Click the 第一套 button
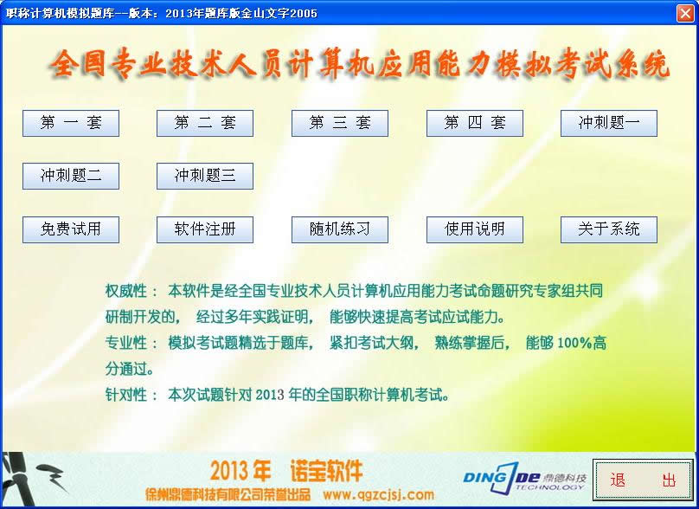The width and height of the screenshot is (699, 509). (x=71, y=123)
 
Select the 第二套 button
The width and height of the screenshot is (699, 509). (x=205, y=123)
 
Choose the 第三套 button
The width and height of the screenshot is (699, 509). (x=340, y=123)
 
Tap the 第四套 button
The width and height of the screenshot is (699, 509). (x=475, y=123)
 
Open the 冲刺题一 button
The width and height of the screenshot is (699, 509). (x=609, y=123)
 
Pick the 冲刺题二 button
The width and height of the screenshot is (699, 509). (x=71, y=176)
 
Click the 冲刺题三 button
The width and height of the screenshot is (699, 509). (x=205, y=176)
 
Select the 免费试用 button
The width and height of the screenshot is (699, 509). (x=71, y=229)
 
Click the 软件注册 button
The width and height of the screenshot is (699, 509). (x=205, y=229)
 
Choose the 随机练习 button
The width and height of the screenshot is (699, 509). (x=340, y=229)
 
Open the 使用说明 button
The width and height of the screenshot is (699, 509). (x=475, y=229)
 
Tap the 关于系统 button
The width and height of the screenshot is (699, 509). (x=609, y=229)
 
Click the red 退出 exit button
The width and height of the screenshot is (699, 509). (x=643, y=480)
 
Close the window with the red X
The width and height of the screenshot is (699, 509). (x=684, y=13)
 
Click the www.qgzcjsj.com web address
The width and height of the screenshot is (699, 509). (x=378, y=495)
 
